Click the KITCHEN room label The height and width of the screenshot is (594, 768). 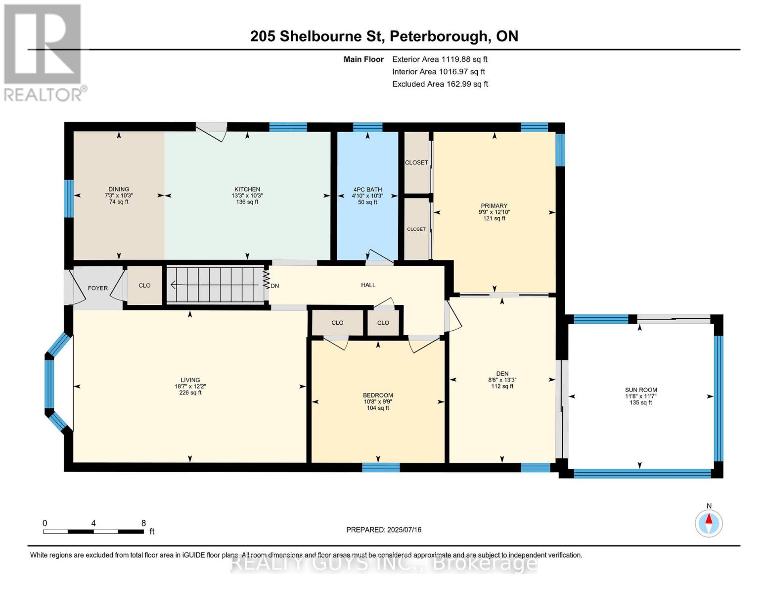(x=247, y=189)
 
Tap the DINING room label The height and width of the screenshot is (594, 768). (x=119, y=189)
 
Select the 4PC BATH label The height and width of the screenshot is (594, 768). (x=367, y=190)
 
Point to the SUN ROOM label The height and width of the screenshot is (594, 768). (x=641, y=390)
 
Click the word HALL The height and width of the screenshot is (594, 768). (x=368, y=285)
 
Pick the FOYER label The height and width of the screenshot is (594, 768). (x=98, y=288)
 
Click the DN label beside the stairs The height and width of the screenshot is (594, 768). (x=275, y=286)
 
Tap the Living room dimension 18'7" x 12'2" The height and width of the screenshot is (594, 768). (x=190, y=386)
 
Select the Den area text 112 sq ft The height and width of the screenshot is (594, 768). (x=502, y=386)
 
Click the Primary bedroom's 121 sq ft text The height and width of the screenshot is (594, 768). (x=494, y=219)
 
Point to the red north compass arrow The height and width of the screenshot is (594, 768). (x=709, y=519)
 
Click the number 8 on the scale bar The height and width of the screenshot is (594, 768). (x=143, y=523)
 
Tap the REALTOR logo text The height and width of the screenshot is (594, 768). (x=43, y=95)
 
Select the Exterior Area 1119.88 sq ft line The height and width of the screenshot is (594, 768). (x=440, y=59)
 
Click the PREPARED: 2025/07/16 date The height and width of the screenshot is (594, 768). (x=384, y=530)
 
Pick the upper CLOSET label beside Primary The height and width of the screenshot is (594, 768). (x=416, y=162)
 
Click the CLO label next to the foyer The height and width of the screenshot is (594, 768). (x=144, y=286)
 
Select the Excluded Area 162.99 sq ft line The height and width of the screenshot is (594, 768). (x=440, y=84)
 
